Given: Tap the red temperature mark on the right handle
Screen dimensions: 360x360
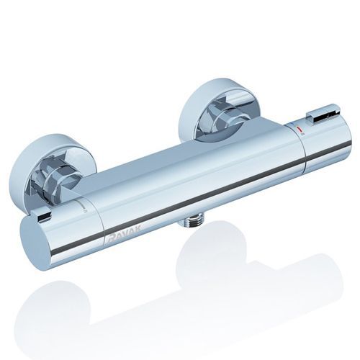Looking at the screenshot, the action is [x=300, y=130].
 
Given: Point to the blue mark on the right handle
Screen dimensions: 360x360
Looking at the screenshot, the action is [x=292, y=124].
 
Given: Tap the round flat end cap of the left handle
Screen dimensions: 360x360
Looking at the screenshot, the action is [x=35, y=243].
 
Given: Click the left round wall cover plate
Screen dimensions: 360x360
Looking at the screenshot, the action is [x=49, y=168].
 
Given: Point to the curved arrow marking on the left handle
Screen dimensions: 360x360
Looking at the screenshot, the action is [x=84, y=206].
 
